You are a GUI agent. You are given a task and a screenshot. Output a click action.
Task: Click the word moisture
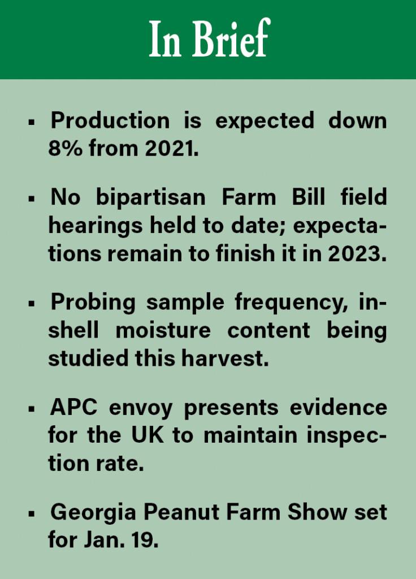pyautogui.click(x=163, y=329)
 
